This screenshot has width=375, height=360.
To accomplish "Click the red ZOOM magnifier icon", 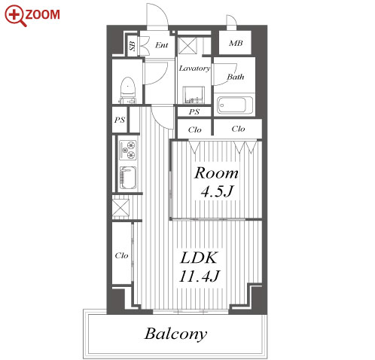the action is click(x=14, y=16).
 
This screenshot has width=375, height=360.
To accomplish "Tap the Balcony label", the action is click(x=175, y=334).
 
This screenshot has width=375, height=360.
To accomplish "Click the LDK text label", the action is click(x=199, y=258).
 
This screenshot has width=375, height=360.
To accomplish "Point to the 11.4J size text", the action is click(x=200, y=276).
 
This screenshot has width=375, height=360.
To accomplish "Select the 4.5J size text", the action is click(x=217, y=191).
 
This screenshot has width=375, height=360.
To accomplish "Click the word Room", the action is click(x=216, y=173).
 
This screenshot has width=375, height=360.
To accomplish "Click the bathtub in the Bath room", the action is click(x=234, y=105).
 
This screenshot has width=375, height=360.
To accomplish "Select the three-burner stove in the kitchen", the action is click(x=128, y=150).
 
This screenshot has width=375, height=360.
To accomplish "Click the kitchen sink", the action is click(x=128, y=178).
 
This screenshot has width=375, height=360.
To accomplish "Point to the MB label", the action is click(x=236, y=44).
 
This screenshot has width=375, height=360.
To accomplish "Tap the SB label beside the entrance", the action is click(x=133, y=46).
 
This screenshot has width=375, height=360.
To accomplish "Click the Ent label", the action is click(x=161, y=45).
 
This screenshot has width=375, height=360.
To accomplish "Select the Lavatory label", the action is click(x=194, y=69).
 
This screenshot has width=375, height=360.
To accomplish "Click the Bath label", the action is click(x=236, y=77).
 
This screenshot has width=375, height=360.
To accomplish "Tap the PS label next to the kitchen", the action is click(x=120, y=120).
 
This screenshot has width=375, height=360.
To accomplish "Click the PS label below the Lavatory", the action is click(x=194, y=111).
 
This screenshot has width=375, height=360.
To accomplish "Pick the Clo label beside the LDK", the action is click(x=121, y=255).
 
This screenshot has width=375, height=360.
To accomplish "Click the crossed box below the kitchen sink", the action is click(x=120, y=207).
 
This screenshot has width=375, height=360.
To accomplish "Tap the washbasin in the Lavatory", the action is click(x=194, y=95).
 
